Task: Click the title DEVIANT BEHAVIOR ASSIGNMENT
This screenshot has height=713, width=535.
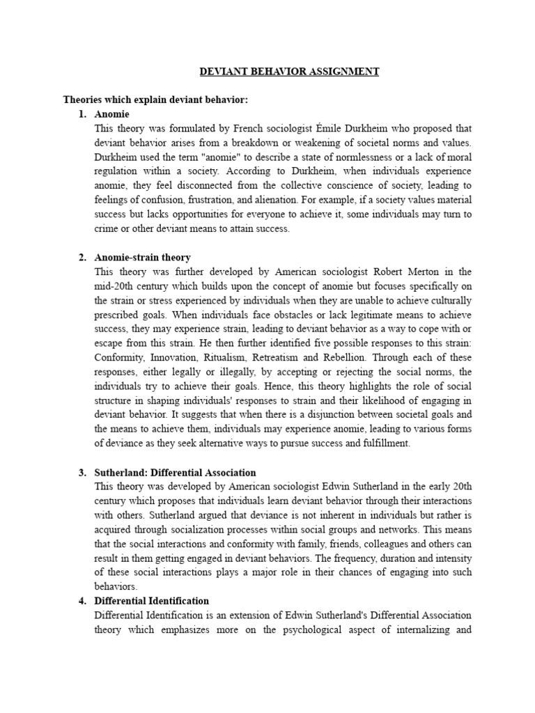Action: [x=289, y=72]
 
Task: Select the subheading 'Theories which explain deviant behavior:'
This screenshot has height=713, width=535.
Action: [x=155, y=100]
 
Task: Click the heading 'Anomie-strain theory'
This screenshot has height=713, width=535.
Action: [x=142, y=258]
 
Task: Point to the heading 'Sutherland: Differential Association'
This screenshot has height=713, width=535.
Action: [x=176, y=473]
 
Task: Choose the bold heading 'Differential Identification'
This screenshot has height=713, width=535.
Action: [x=152, y=601]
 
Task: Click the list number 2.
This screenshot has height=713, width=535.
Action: [x=82, y=258]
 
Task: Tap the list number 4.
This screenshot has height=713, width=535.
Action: [x=82, y=601]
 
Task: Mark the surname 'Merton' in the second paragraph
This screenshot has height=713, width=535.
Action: [x=424, y=272]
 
